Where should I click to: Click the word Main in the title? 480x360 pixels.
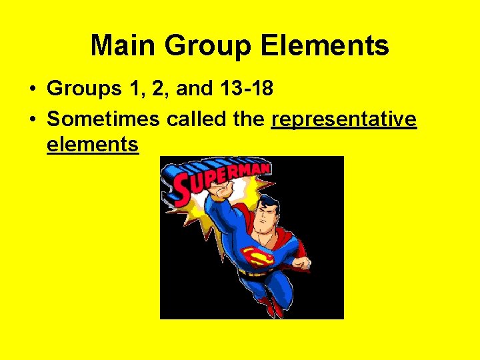(123, 46)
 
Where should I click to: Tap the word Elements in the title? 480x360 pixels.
(325, 46)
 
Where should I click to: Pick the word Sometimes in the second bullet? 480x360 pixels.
(103, 119)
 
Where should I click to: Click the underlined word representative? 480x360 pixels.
(344, 119)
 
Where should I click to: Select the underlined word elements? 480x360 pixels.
(93, 143)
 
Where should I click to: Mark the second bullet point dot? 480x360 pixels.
(32, 120)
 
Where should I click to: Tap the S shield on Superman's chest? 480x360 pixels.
(257, 256)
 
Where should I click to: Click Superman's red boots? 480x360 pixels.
(271, 306)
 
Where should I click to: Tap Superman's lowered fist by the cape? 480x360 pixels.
(301, 263)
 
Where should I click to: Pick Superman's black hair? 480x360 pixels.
(269, 203)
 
